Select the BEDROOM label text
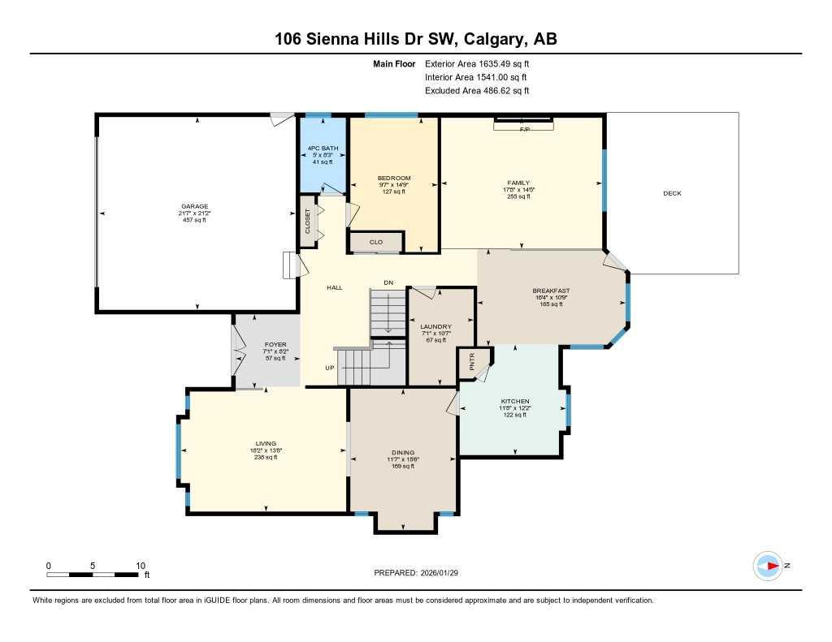(x=394, y=179)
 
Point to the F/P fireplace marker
(x=524, y=129)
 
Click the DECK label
(x=672, y=193)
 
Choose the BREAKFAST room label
(x=551, y=291)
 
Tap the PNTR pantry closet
(x=470, y=363)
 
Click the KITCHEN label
(x=515, y=402)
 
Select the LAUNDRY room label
(x=435, y=327)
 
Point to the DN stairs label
(x=388, y=282)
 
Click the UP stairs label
(x=330, y=368)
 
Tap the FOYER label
(x=275, y=345)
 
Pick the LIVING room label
(x=266, y=444)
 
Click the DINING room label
(x=403, y=453)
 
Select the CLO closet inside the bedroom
(x=375, y=242)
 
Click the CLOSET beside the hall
(x=308, y=222)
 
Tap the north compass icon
(x=767, y=566)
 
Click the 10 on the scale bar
(x=140, y=566)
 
